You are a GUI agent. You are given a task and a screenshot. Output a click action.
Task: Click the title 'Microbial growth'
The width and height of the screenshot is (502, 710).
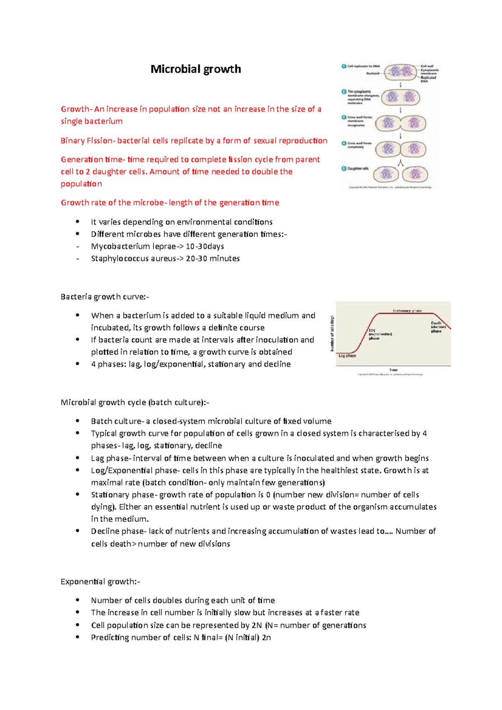coord(195,69)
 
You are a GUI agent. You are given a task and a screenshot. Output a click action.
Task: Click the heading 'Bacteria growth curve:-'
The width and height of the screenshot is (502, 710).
coord(105,297)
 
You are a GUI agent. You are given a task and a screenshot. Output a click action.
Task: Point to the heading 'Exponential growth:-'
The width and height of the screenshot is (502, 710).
coord(100,582)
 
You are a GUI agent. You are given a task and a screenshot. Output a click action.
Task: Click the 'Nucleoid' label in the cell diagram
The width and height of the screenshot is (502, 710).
coord(373,73)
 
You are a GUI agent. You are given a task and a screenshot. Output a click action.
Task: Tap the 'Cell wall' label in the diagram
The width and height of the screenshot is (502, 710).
coord(427,66)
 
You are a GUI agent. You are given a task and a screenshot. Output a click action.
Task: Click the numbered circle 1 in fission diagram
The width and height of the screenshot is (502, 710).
coord(344,66)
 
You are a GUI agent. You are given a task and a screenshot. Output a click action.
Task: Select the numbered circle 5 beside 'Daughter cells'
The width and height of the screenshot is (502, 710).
coord(344,169)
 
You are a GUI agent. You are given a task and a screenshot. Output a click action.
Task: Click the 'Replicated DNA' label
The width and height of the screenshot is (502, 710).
coord(428,79)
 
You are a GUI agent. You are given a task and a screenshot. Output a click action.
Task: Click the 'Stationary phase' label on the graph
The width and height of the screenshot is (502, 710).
coord(407,311)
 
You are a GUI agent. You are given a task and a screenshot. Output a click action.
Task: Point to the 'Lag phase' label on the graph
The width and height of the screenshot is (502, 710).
coord(347,356)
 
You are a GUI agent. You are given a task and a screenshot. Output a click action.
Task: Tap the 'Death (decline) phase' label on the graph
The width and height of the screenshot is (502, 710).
coord(437,327)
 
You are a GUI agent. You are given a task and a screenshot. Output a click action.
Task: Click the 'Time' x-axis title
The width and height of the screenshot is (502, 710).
coord(393,370)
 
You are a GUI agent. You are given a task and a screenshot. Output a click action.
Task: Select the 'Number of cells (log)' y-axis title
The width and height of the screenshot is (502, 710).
coord(333,334)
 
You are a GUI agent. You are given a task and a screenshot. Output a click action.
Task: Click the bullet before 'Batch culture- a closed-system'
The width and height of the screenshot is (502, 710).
coord(77,421)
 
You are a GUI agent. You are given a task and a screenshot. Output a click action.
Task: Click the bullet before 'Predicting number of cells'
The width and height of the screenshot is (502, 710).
coord(77,637)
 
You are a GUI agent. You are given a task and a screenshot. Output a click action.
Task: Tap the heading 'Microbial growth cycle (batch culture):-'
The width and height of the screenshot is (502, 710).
coord(135,402)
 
